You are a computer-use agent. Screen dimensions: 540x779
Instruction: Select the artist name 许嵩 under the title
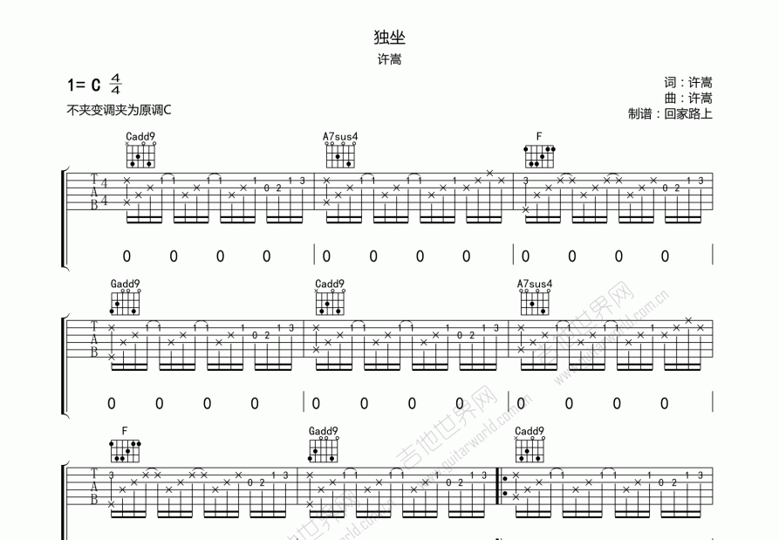pos(389,60)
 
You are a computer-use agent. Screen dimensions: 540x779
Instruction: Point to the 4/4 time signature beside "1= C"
pos(116,85)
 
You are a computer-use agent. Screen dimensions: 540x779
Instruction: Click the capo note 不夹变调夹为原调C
pos(119,111)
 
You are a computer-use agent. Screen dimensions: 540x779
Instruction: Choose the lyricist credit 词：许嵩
pos(687,83)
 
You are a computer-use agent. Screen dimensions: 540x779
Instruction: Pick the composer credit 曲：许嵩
pos(687,99)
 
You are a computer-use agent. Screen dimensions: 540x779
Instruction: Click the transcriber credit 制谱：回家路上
pos(669,114)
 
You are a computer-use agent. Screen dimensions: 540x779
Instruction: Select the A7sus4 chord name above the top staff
pos(340,137)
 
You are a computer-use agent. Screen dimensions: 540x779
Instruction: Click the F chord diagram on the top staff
pos(540,156)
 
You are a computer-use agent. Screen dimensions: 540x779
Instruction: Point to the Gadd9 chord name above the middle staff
pos(125,284)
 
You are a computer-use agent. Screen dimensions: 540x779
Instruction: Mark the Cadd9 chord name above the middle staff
pos(330,284)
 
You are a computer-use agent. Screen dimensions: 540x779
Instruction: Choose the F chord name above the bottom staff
pos(125,431)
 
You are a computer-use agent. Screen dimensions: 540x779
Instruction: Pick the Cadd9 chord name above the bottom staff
pos(529,431)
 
